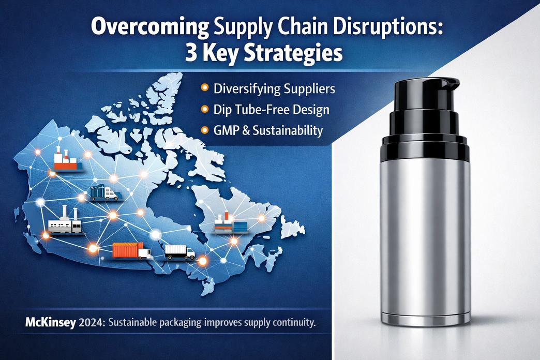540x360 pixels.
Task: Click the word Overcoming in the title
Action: [x=149, y=27]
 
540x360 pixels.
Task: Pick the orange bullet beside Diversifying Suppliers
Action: [x=204, y=88]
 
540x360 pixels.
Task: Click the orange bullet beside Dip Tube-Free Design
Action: [x=204, y=110]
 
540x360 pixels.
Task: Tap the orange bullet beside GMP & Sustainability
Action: [x=204, y=130]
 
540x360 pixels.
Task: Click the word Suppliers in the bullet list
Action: [x=309, y=89]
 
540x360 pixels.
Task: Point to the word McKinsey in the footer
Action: [x=50, y=323]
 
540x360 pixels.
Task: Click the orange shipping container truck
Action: [x=131, y=250]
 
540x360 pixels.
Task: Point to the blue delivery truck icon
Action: [x=104, y=192]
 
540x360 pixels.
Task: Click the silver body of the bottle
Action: [x=425, y=238]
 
